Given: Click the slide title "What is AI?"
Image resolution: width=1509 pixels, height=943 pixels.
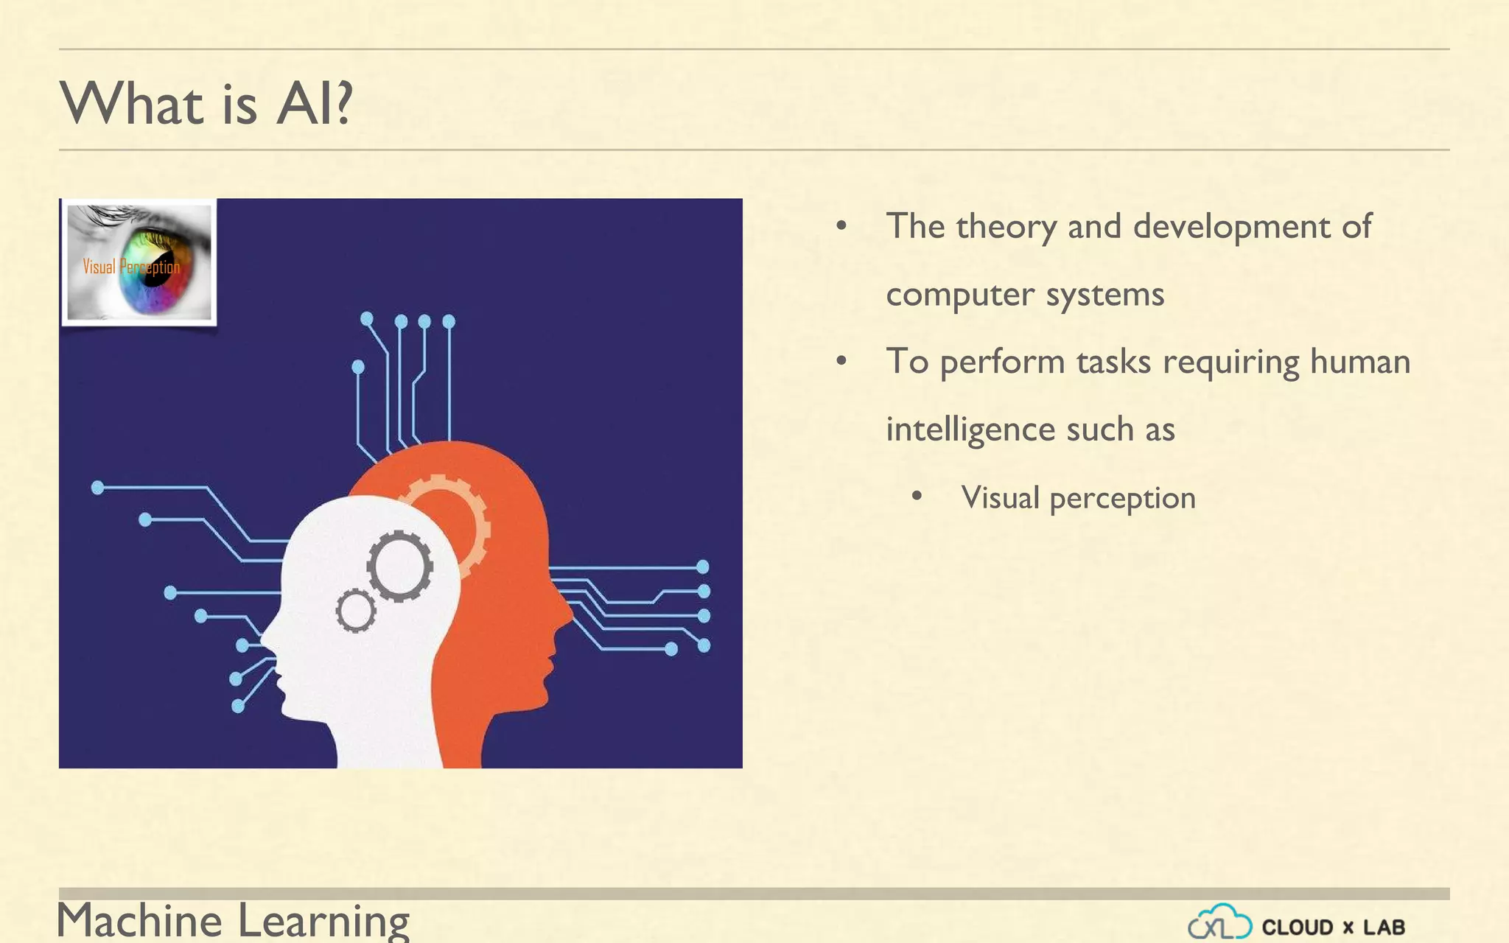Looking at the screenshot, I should [x=206, y=103].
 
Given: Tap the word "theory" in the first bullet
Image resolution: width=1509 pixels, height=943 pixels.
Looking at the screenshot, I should [x=1006, y=227].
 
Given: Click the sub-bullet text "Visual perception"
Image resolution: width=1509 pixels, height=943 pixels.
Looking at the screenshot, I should [x=1078, y=499].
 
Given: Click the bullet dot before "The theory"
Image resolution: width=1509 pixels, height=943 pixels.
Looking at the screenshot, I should [x=841, y=226].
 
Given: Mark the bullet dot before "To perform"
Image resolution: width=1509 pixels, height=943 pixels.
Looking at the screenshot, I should [x=841, y=362].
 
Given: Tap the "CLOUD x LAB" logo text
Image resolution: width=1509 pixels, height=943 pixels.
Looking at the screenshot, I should [x=1333, y=927].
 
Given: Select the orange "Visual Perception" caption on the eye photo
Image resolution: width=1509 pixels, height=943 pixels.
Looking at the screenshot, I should [x=131, y=267].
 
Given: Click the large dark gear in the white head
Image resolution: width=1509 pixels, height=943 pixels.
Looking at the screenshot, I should [x=400, y=566].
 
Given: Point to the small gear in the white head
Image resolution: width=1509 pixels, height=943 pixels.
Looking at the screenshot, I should [x=356, y=610].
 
